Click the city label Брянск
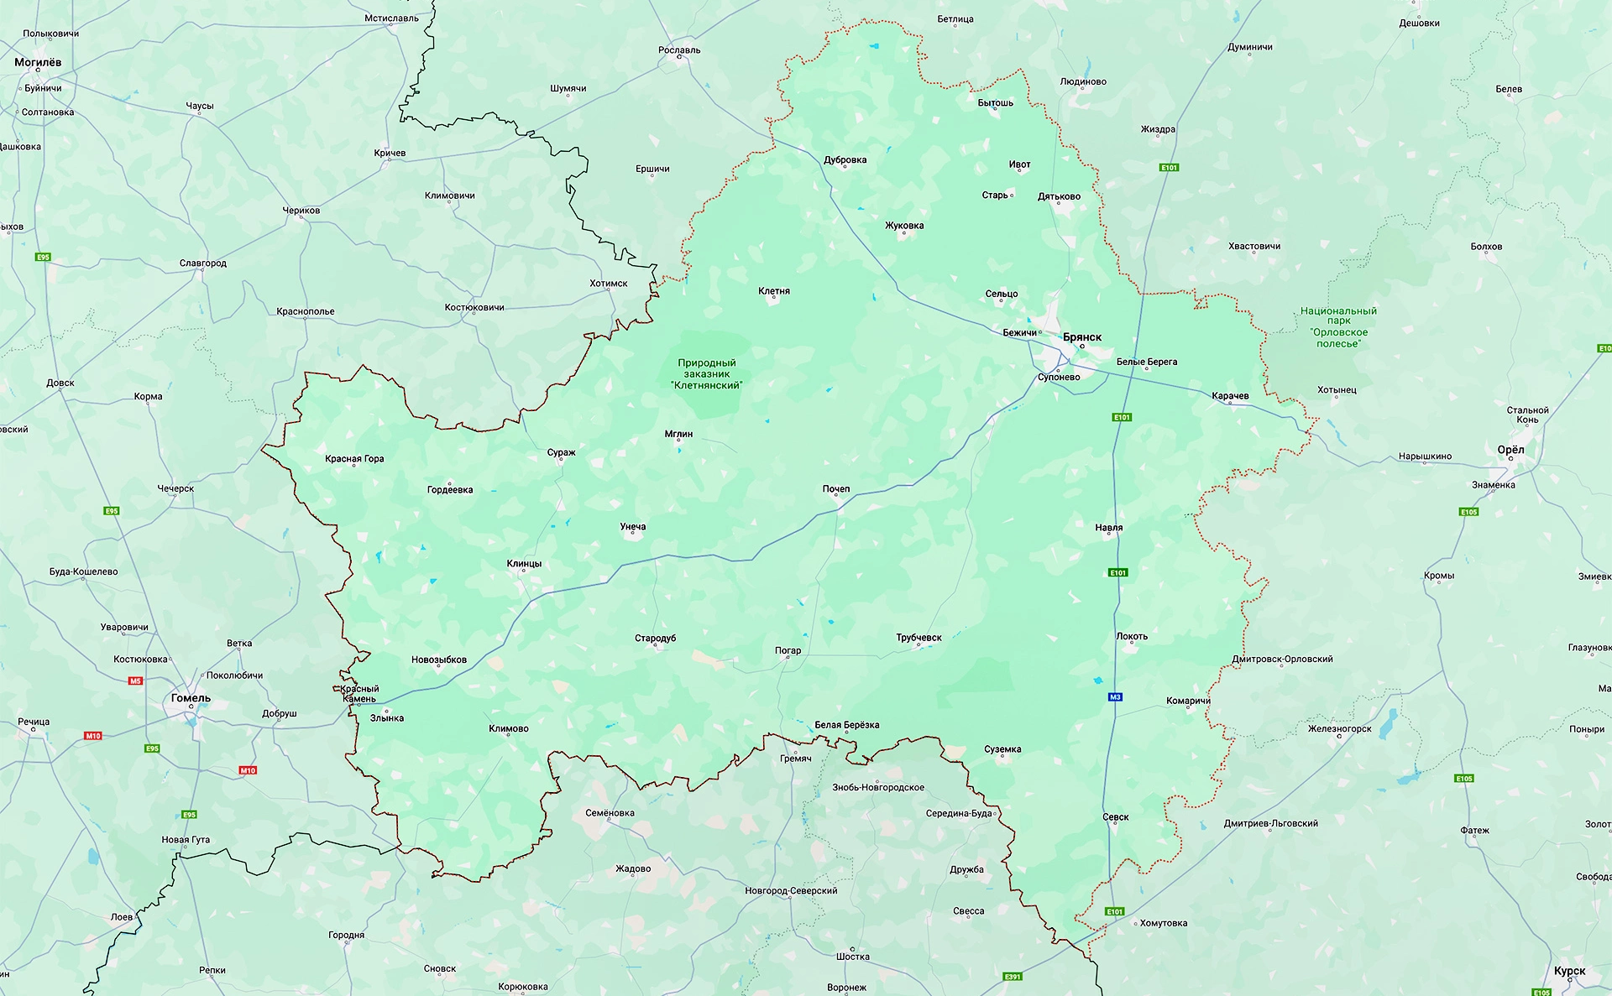1082,337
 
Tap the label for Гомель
191,698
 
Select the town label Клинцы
524,564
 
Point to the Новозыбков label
438,660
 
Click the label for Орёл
1510,450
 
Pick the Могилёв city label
38,62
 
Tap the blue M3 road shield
1115,697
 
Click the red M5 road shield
135,681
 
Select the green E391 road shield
1013,977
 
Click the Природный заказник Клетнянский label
706,374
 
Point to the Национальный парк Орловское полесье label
1338,327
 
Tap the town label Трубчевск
919,638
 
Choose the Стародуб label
655,639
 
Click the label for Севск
1115,817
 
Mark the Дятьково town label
1059,196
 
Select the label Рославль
679,50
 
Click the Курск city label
1569,971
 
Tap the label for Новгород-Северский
791,891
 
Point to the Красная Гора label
354,459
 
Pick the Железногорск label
1339,728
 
